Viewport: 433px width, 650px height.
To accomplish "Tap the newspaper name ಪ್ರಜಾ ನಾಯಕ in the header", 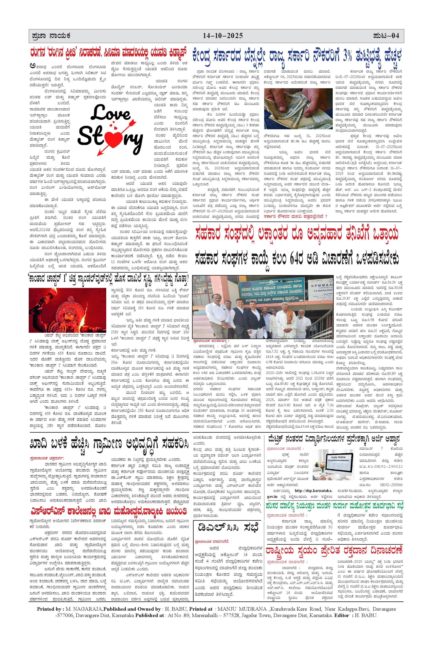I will click(x=51, y=36).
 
